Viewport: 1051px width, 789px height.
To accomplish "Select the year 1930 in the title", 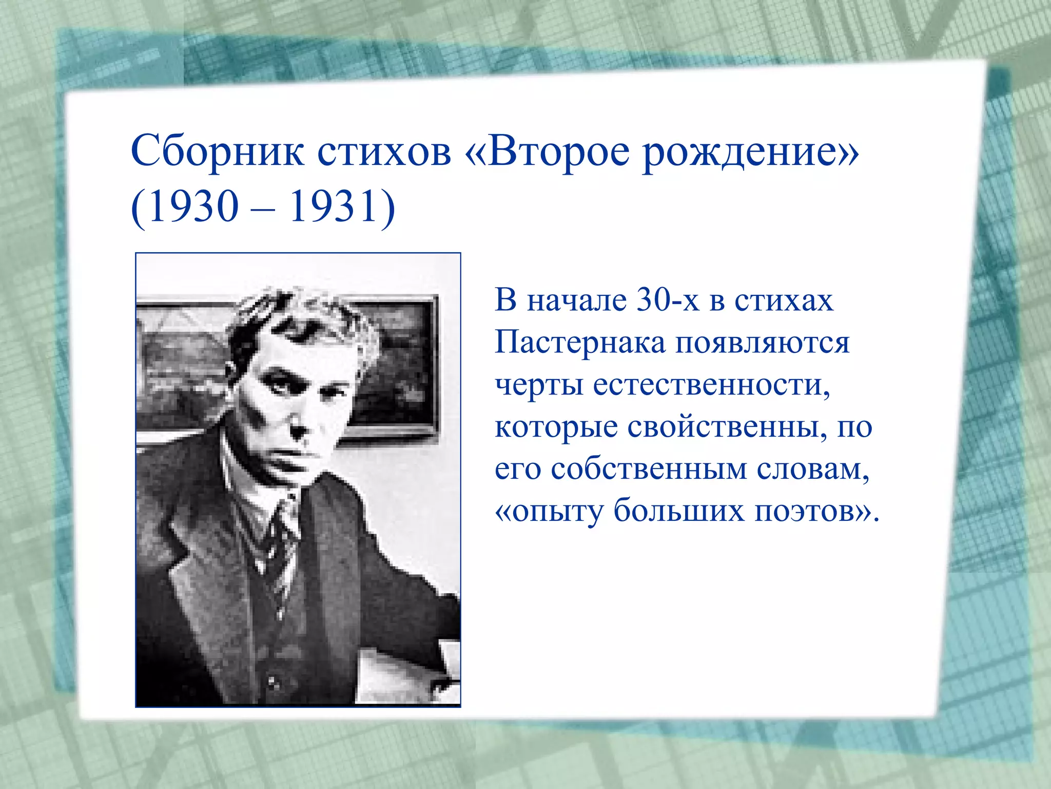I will click(x=193, y=207).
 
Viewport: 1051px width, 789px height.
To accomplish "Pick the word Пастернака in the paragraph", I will click(x=580, y=343).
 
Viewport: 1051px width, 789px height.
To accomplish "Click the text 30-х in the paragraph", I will click(x=668, y=300).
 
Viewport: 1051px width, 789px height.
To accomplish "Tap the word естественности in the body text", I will click(x=711, y=385).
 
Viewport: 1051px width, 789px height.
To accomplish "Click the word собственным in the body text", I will click(x=649, y=469).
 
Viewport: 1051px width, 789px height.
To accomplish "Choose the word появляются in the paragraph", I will click(x=762, y=343).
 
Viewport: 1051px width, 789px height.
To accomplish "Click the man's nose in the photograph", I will click(x=298, y=424).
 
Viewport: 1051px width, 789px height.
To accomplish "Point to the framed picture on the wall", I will click(x=395, y=360).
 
